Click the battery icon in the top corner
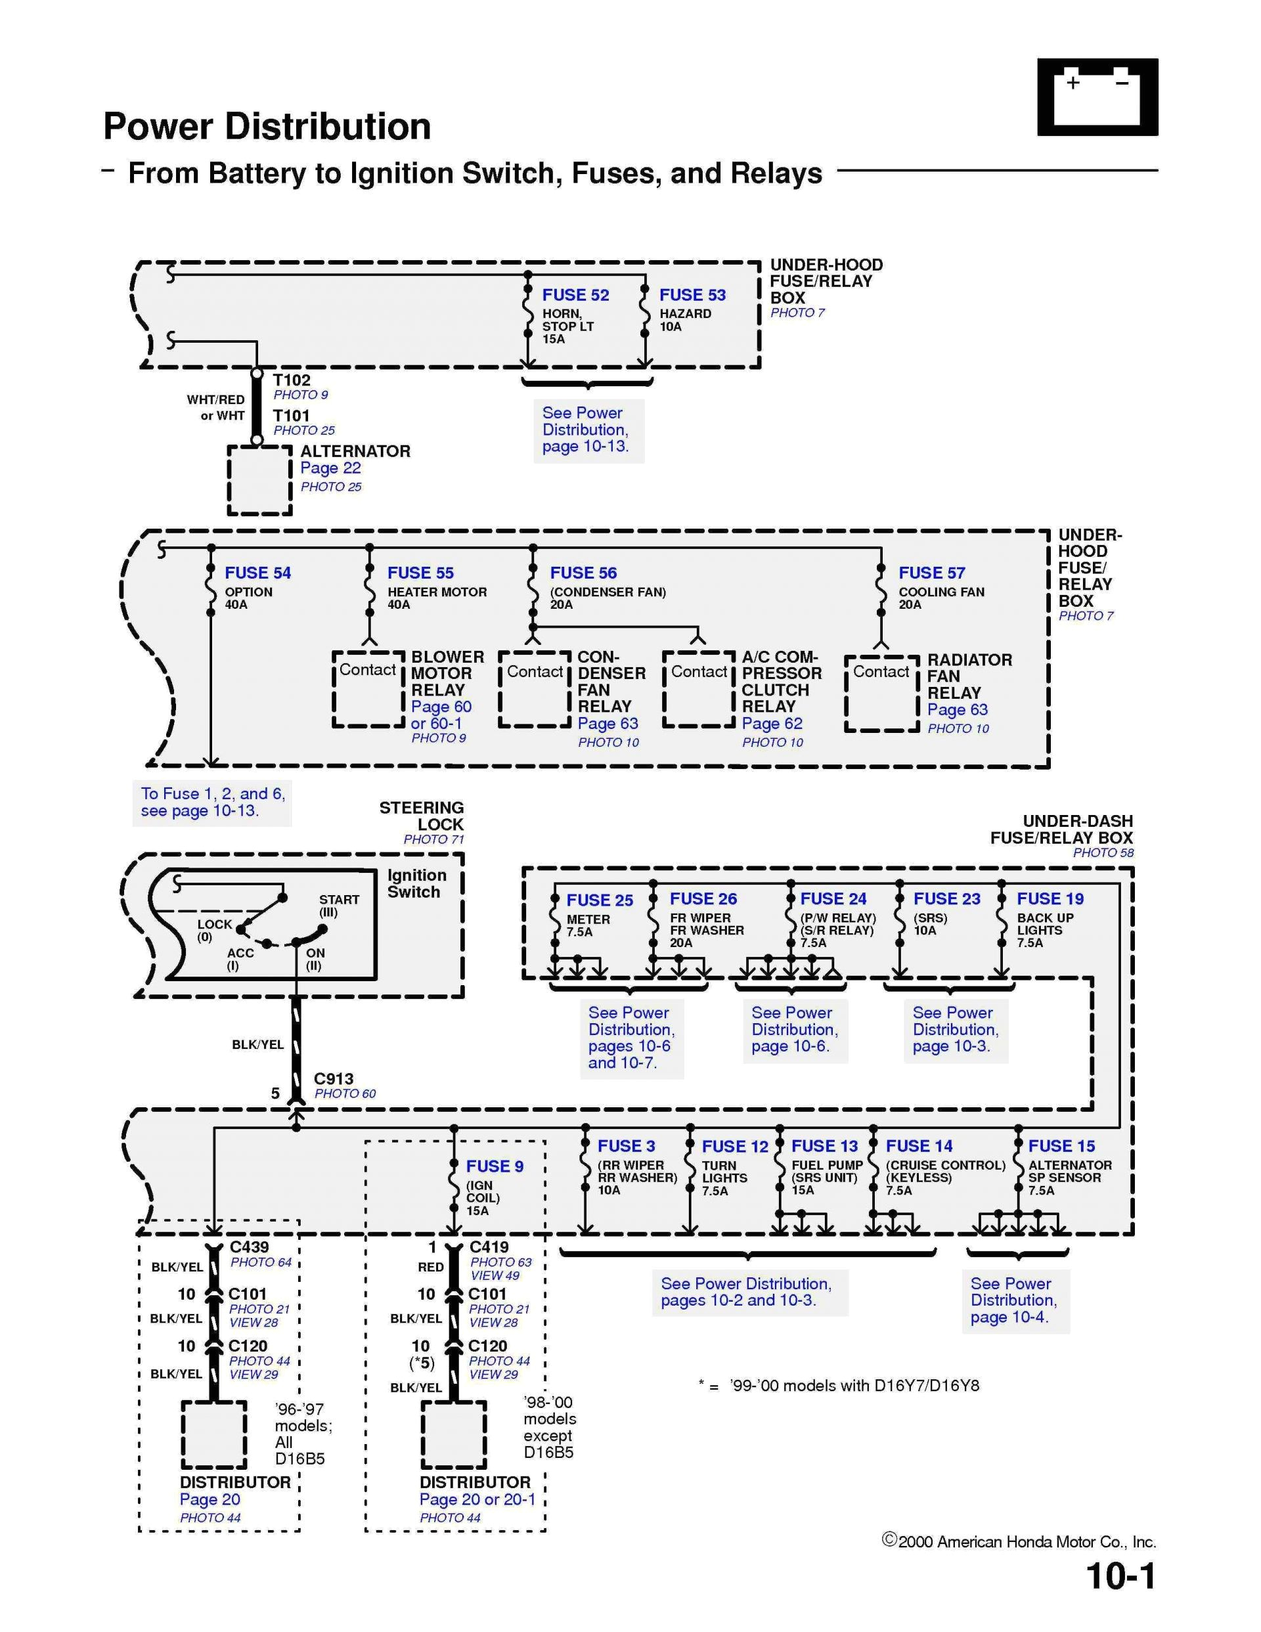click(1097, 97)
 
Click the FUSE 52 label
click(575, 295)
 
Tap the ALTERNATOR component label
click(355, 451)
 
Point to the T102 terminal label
click(291, 380)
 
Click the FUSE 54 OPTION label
click(257, 573)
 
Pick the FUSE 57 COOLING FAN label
click(931, 573)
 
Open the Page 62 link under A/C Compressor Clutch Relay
click(772, 723)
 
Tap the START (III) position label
click(339, 906)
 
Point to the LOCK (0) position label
click(214, 929)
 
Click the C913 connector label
click(334, 1079)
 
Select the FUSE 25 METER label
click(599, 900)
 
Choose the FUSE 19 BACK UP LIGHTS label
click(1050, 899)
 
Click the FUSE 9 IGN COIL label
click(493, 1166)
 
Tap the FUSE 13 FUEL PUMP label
click(824, 1146)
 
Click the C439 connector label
click(249, 1247)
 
